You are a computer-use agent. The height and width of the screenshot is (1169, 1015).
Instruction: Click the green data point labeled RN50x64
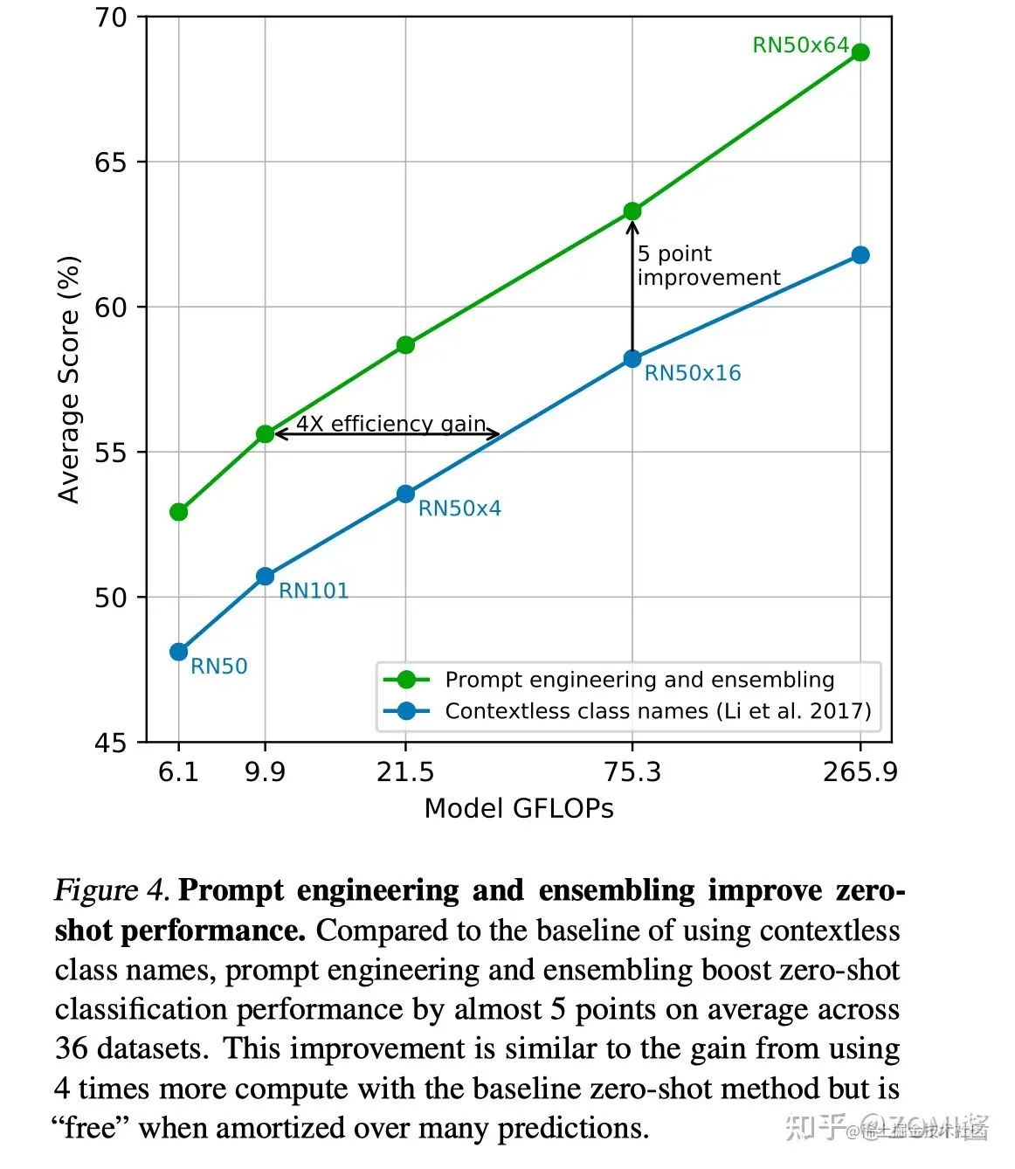point(860,52)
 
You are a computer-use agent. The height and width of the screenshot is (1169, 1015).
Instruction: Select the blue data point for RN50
point(179,652)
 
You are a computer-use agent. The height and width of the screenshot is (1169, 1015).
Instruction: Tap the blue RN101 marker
point(266,577)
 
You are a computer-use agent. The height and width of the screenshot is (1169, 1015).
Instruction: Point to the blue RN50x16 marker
point(632,359)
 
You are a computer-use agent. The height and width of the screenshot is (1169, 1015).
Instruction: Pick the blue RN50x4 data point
point(405,495)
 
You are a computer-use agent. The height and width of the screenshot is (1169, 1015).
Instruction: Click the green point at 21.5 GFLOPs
point(405,345)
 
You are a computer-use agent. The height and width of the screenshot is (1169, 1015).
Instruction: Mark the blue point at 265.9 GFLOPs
point(860,255)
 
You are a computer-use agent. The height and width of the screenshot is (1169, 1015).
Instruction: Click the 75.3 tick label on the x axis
point(632,772)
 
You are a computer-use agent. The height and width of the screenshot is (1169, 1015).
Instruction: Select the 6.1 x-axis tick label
point(179,772)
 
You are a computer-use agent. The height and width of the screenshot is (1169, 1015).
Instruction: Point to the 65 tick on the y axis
point(110,163)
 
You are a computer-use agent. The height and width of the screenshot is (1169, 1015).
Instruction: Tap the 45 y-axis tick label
point(110,744)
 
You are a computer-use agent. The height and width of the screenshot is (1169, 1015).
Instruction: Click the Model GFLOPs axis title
point(519,809)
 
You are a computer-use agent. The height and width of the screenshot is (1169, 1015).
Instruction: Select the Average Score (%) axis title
point(69,379)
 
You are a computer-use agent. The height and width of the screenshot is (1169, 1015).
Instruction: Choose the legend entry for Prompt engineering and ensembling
point(639,680)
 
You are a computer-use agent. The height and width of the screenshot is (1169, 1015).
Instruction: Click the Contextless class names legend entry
point(658,711)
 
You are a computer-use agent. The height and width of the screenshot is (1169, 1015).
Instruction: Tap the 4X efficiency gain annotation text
point(390,424)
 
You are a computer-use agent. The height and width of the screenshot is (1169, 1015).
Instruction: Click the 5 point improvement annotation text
point(708,266)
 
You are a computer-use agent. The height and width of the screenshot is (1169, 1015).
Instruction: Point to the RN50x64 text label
point(800,45)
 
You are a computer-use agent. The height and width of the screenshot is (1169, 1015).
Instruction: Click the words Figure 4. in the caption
point(111,890)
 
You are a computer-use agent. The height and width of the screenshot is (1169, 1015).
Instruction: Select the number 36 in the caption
point(71,1048)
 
